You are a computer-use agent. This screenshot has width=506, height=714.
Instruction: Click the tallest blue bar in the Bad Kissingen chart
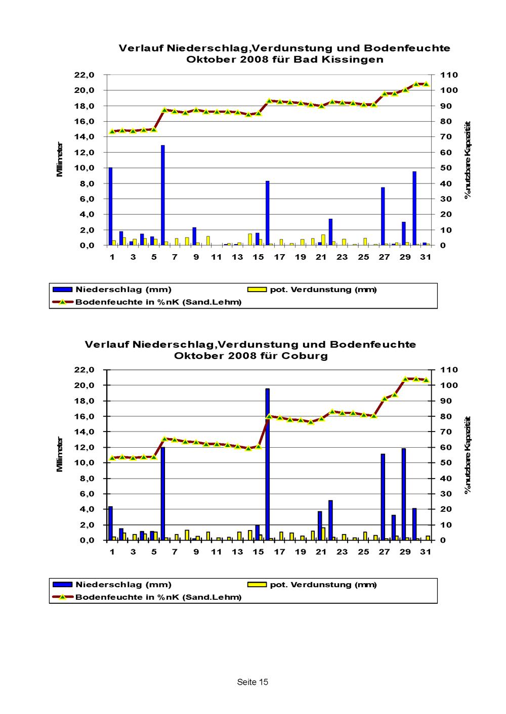click(x=163, y=195)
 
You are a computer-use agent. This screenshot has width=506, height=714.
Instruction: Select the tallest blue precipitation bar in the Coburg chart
click(x=268, y=464)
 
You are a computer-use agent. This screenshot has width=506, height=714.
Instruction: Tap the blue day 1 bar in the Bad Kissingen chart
click(x=110, y=206)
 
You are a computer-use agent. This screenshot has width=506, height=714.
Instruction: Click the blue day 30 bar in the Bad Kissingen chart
click(x=414, y=208)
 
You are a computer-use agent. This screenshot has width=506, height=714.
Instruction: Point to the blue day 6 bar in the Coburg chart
click(x=163, y=493)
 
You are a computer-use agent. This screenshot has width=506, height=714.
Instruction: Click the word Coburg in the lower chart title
click(x=305, y=356)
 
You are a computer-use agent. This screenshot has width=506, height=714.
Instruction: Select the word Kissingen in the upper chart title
click(x=353, y=60)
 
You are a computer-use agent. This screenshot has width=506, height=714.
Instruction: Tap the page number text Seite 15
click(x=252, y=682)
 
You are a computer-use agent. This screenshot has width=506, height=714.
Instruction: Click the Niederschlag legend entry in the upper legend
click(x=112, y=290)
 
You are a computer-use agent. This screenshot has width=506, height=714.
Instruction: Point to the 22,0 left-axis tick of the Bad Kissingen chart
click(x=85, y=75)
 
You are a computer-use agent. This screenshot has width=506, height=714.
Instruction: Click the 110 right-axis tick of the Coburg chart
click(x=449, y=370)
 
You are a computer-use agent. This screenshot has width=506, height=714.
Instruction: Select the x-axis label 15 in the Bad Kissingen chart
click(x=258, y=257)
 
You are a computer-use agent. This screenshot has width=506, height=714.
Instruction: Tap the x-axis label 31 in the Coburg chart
click(x=426, y=552)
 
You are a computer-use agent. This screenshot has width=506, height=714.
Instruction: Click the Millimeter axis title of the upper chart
click(x=60, y=159)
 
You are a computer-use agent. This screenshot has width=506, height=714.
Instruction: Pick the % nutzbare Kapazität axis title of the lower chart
click(x=468, y=455)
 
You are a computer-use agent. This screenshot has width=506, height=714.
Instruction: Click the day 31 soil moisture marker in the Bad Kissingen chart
click(x=426, y=84)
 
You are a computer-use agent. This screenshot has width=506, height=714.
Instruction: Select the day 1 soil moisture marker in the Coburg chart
click(x=112, y=458)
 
